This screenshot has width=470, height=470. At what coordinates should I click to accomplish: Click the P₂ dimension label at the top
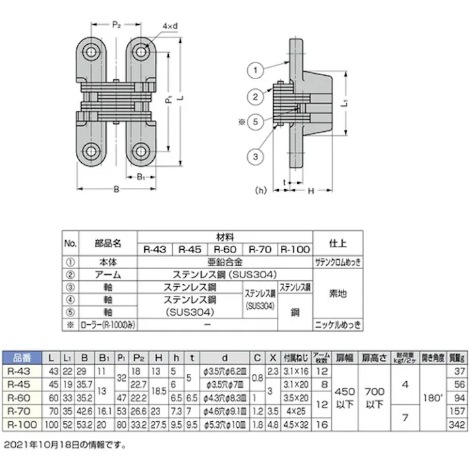coord(116,24)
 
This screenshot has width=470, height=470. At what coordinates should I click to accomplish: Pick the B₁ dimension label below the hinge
coord(140,176)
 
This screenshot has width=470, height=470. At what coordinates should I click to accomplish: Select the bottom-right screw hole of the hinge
coord(140,150)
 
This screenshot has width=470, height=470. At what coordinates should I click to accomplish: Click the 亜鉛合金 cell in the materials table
coord(223,261)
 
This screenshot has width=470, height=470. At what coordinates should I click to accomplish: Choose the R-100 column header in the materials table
coord(294,249)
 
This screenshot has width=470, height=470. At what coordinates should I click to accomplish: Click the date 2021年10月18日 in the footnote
coord(44,445)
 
